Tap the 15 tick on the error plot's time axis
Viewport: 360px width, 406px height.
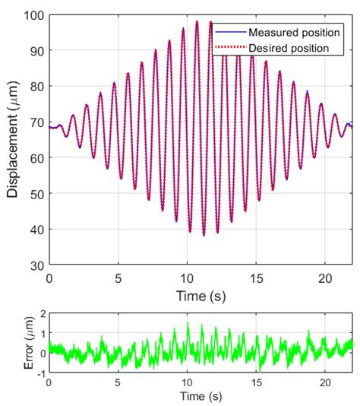pyautogui.click(x=256, y=382)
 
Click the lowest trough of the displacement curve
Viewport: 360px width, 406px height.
pyautogui.click(x=204, y=235)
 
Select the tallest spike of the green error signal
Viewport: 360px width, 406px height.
pyautogui.click(x=202, y=324)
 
